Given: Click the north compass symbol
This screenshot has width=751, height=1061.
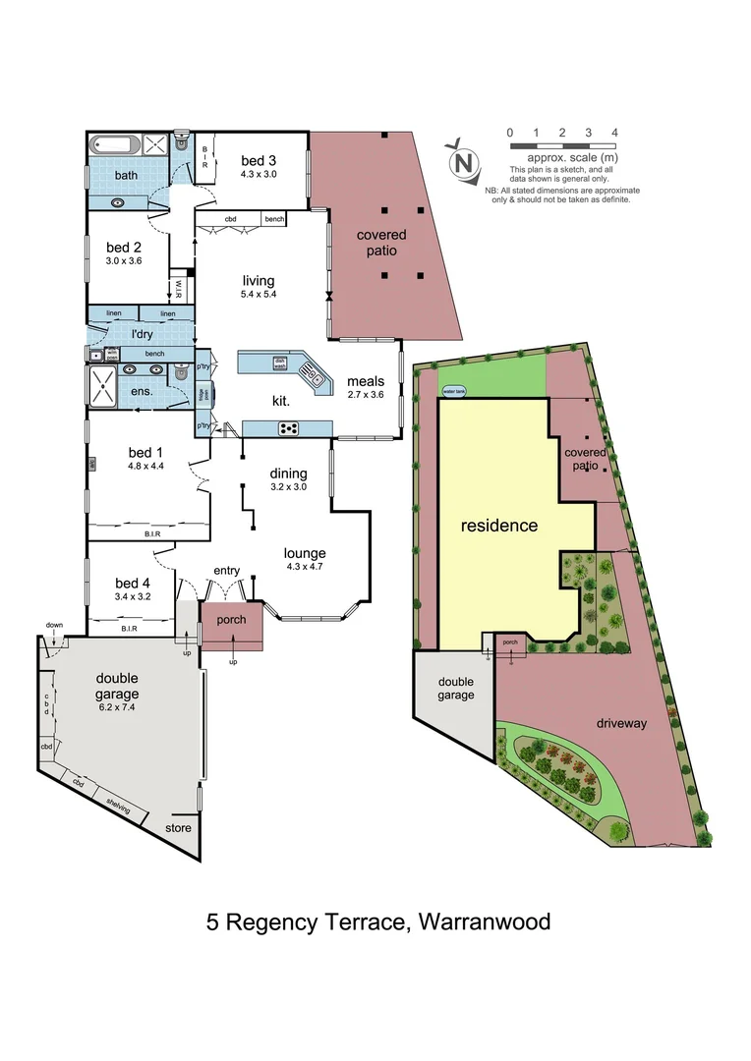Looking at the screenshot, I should (x=463, y=159).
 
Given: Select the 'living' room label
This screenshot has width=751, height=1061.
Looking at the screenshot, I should (x=259, y=281).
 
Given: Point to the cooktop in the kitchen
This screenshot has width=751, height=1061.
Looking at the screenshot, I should (x=290, y=427).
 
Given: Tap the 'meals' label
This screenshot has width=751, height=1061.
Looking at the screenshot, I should (x=366, y=381).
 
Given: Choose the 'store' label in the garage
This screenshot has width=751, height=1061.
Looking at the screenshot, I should (x=178, y=828).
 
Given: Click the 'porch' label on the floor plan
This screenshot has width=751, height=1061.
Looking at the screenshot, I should (x=232, y=620).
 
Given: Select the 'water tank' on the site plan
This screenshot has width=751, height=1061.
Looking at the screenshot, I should (x=455, y=390).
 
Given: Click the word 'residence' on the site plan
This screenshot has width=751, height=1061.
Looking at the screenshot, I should (x=499, y=526).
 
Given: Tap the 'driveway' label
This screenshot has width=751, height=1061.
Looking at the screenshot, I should (x=621, y=723).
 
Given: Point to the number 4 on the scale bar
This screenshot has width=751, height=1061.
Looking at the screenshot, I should (x=614, y=132).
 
